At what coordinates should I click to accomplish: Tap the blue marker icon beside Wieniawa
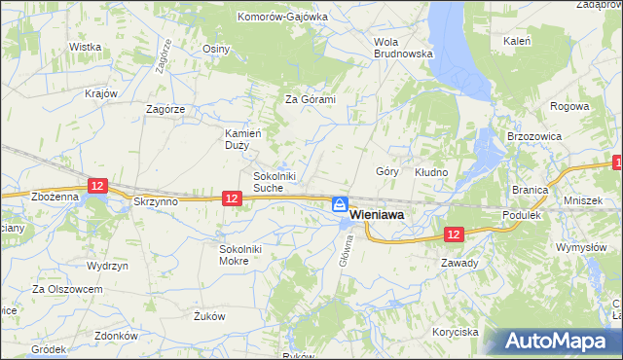click(x=340, y=204)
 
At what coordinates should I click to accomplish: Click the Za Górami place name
click(x=310, y=99)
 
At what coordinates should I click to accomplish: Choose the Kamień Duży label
click(x=238, y=138)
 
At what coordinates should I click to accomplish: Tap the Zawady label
click(x=459, y=263)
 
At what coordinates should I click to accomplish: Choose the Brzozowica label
click(x=528, y=137)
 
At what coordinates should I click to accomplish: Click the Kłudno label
click(x=431, y=172)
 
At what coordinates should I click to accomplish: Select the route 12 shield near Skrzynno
click(x=96, y=184)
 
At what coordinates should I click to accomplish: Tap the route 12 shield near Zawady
click(x=454, y=234)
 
